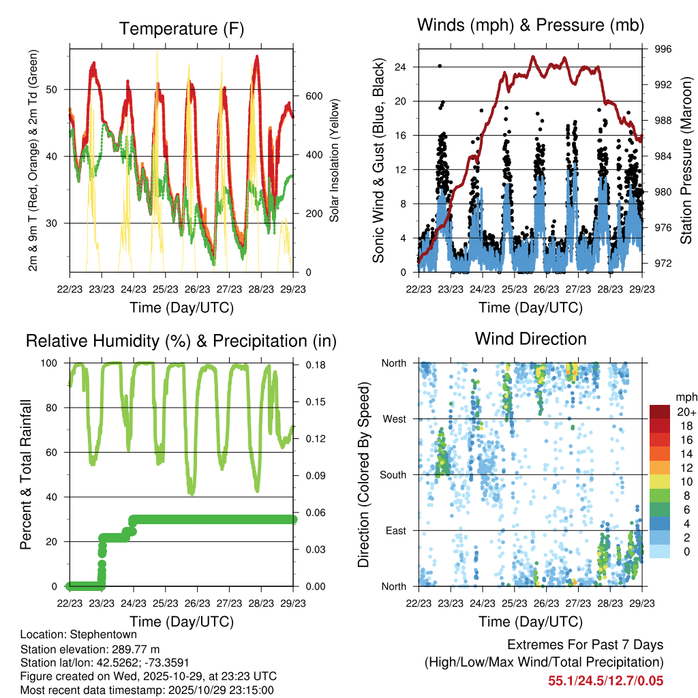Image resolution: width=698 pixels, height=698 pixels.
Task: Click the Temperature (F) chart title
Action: (x=181, y=29)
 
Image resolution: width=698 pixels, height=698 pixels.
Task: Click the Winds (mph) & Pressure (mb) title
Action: (x=530, y=25)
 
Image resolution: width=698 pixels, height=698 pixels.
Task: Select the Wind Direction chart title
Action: (x=530, y=338)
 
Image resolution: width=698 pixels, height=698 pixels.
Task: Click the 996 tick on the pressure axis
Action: (x=664, y=49)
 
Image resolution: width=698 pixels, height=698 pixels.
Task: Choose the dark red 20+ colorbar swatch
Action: (x=661, y=412)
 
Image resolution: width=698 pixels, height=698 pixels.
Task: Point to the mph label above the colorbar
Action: (x=684, y=397)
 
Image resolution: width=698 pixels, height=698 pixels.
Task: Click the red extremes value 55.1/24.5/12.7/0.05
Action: (x=605, y=680)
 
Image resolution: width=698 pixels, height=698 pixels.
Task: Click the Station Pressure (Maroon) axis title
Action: (x=686, y=160)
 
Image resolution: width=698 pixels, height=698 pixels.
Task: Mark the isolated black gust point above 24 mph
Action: (x=440, y=66)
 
